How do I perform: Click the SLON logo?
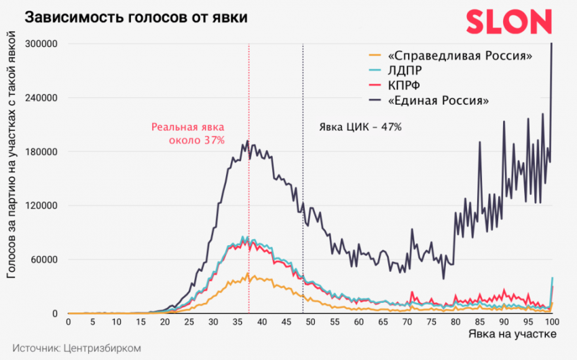pos(508,22)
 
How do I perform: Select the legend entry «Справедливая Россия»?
pos(459,55)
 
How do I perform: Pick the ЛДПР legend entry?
pos(406,70)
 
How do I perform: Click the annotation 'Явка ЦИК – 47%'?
pos(360,126)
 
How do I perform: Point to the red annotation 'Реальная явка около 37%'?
pos(188,133)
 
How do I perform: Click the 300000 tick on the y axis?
pos(40,44)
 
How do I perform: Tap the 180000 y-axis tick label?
pos(40,151)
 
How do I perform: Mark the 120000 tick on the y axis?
pos(40,206)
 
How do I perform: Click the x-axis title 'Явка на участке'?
pos(512,334)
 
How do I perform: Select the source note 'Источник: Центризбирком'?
pos(76,347)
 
